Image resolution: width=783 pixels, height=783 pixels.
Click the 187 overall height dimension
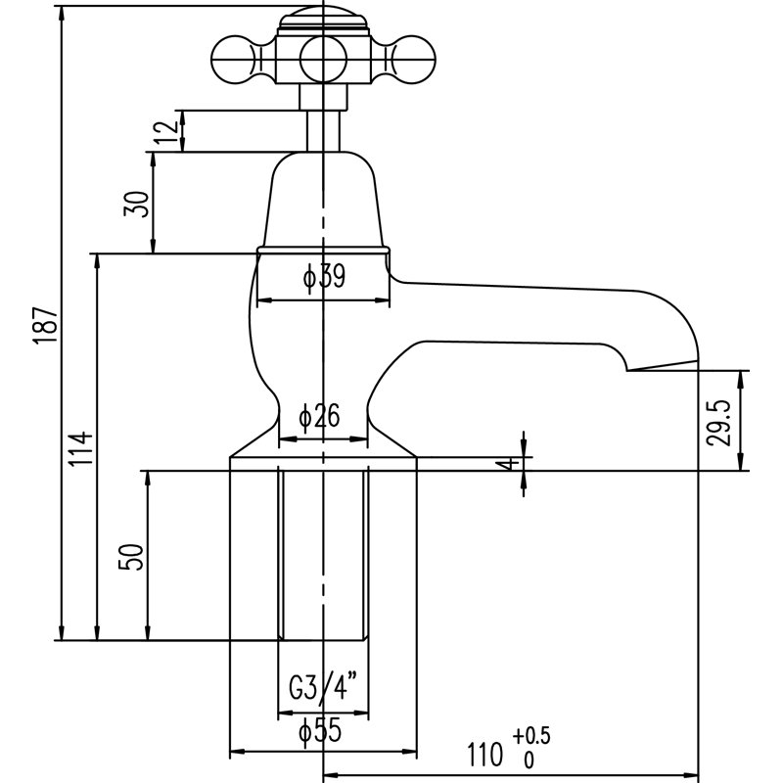46,325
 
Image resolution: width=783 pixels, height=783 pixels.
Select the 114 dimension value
81,449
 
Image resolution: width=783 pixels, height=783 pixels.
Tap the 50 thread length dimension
131,557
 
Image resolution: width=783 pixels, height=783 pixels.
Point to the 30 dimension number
137,204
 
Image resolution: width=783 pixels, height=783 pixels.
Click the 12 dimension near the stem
166,131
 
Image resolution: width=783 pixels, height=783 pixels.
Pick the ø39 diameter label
324,276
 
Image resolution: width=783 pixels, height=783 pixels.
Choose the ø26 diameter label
319,415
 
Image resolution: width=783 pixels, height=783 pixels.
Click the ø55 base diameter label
320,732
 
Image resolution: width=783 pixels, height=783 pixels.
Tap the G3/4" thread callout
323,688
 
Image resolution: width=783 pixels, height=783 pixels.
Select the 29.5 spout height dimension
718,422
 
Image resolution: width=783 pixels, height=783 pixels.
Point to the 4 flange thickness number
510,464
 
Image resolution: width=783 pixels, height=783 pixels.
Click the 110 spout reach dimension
484,754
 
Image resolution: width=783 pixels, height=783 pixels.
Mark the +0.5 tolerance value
530,736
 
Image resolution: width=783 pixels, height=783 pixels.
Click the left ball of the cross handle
234,59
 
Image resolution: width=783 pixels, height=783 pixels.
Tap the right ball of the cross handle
412,59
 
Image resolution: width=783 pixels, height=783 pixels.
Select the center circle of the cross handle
323,59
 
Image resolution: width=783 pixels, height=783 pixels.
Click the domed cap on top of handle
323,20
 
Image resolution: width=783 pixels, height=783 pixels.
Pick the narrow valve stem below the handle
323,130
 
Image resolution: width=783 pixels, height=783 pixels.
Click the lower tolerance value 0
529,760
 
